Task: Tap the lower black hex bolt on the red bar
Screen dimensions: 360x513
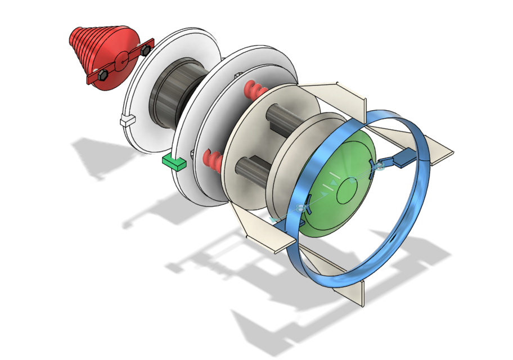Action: (x=102, y=74)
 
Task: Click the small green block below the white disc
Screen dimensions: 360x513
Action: (x=174, y=162)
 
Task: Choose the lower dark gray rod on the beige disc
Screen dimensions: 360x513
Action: (x=250, y=169)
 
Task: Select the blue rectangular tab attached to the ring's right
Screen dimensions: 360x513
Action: (x=404, y=160)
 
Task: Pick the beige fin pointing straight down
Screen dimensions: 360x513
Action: (x=355, y=292)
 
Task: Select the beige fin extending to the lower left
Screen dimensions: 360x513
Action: (x=264, y=233)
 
